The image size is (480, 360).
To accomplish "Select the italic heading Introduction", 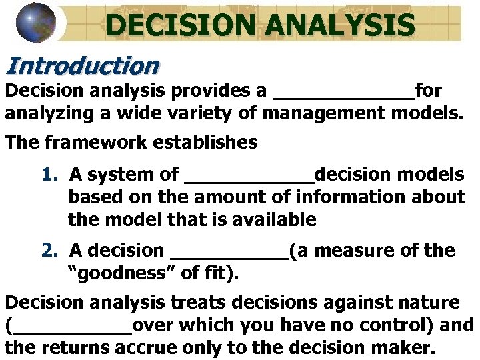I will point(83,65).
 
